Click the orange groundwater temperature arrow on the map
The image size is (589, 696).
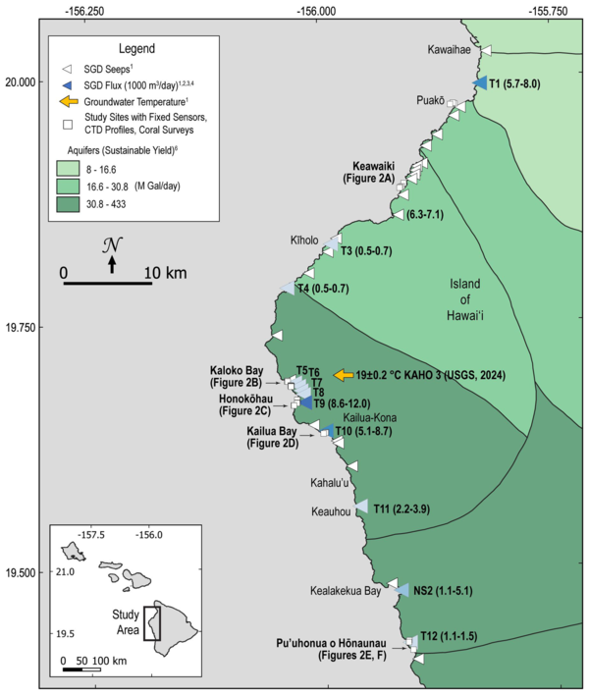(x=344, y=375)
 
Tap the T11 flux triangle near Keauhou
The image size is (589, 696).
(x=362, y=508)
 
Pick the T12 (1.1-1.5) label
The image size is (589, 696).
(x=448, y=636)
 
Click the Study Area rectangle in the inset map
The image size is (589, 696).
(x=152, y=623)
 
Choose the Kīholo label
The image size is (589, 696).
(x=302, y=240)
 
